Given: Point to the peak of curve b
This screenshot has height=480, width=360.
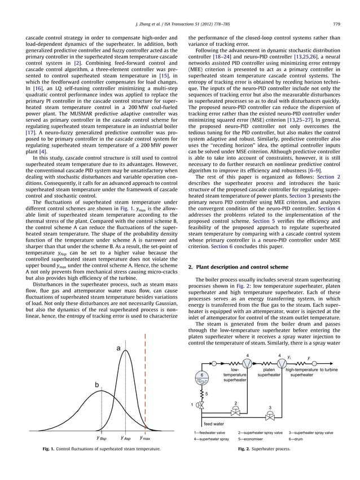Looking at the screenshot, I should pos(102,391).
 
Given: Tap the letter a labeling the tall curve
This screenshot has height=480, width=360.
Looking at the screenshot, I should pos(118,349).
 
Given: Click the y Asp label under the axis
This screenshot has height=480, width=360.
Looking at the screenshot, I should pos(126,437).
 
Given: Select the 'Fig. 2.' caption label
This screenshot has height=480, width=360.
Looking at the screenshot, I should pos(246,449).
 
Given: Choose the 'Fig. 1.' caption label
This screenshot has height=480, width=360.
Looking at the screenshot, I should pos(52,449).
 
